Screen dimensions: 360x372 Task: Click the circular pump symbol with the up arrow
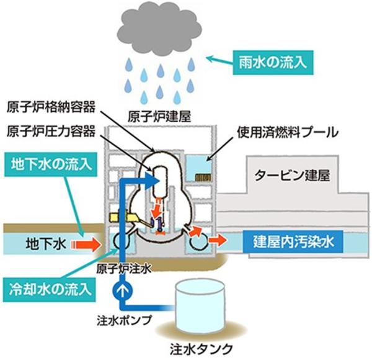pos(122,289)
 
